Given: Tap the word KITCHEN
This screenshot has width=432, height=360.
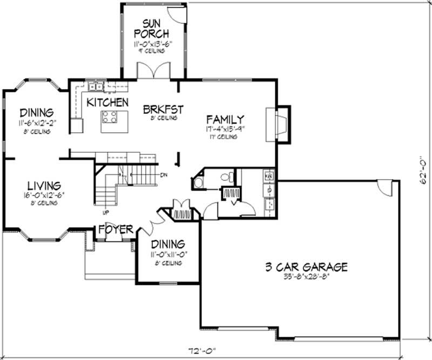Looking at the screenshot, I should coord(107,102).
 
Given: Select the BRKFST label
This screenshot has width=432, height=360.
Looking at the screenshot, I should coord(163,109).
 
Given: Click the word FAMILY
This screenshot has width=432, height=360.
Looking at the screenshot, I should coord(225,119).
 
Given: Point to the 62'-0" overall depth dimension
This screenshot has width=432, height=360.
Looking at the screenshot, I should coord(424,171).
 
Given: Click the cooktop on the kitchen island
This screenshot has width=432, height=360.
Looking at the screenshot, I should coord(110,117).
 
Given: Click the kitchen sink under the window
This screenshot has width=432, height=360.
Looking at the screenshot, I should coord(96,86).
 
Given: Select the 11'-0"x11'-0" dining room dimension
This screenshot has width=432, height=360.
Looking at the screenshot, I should coord(167,254).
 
